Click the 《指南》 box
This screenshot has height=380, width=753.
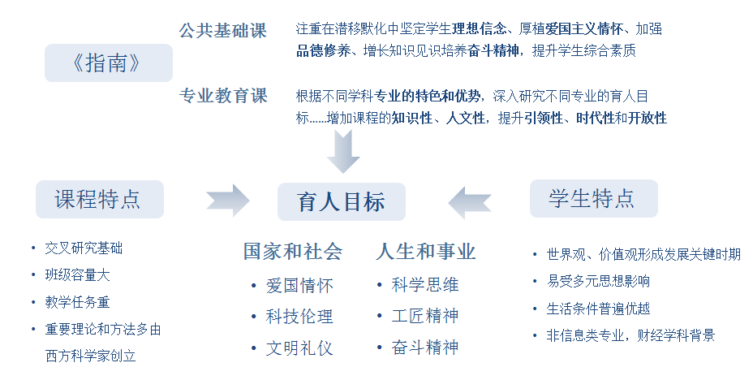pos(109,63)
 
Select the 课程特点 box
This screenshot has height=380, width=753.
pos(100,200)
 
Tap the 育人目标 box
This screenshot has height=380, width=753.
pos(342,201)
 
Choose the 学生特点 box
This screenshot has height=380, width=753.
pos(594,198)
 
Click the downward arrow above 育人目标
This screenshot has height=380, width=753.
pos(343,151)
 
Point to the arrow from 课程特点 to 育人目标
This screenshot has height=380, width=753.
pos(228,201)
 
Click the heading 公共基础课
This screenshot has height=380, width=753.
pos(223,31)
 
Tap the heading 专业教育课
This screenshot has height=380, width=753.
pos(223,96)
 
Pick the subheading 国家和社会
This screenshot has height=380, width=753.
pos(293,252)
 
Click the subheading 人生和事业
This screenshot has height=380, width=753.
pos(426,252)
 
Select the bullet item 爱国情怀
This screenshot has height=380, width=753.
pos(299,286)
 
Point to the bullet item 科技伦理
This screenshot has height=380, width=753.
pos(299,317)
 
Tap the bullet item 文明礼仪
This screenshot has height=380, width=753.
pos(299,348)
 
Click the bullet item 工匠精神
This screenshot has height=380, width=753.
pos(425,316)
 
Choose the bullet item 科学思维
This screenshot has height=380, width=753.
pos(425,285)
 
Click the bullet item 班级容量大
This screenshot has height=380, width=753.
pos(77,274)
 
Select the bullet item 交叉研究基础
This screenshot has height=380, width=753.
pos(84,248)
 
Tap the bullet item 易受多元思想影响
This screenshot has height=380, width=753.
pos(598,281)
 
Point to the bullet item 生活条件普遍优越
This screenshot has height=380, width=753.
pos(598,308)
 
